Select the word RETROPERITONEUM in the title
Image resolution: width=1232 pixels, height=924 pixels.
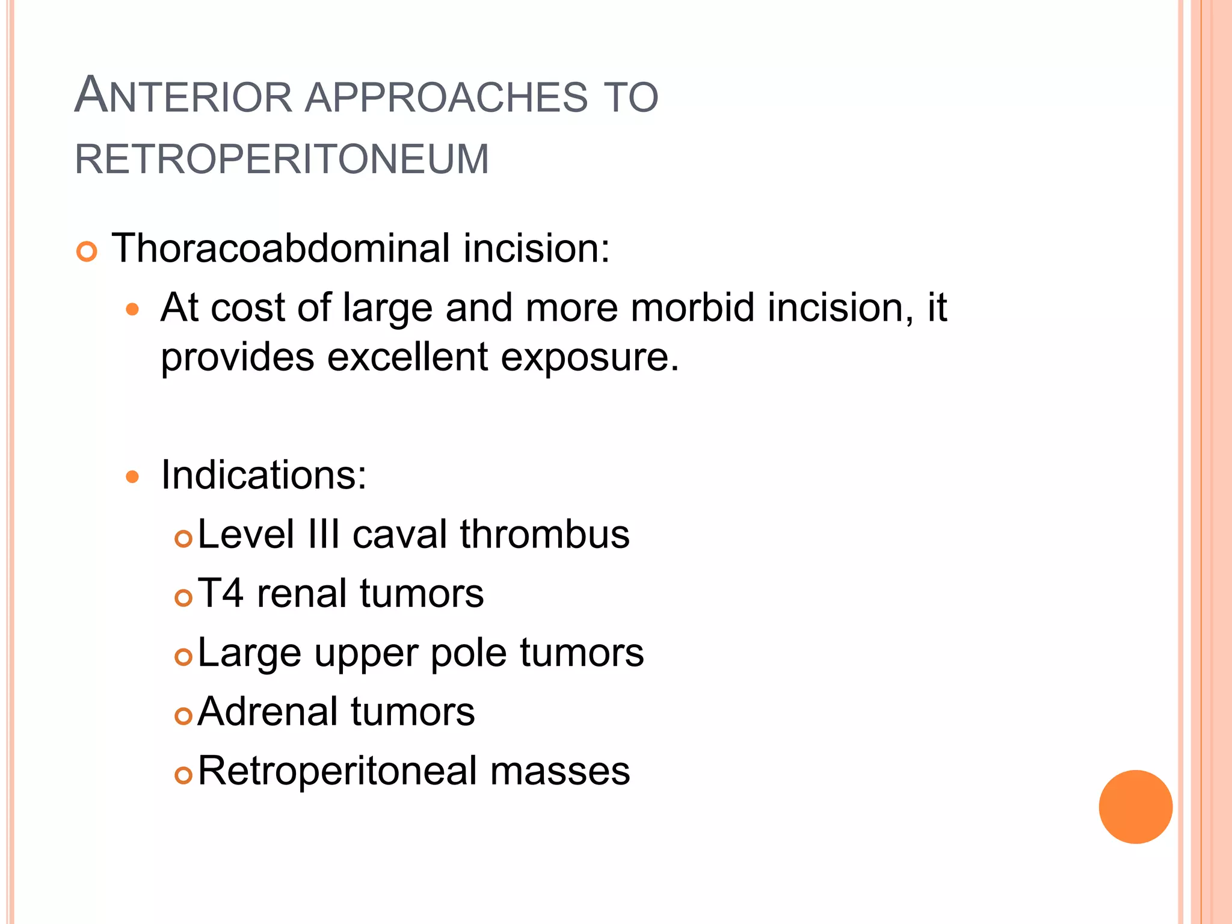[282, 159]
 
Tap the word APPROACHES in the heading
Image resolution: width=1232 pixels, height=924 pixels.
[446, 96]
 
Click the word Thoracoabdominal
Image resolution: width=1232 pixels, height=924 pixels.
[281, 248]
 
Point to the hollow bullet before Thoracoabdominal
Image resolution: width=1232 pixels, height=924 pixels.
[87, 251]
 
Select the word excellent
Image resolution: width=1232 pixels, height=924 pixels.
[407, 357]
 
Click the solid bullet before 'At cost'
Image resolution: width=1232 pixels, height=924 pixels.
[132, 310]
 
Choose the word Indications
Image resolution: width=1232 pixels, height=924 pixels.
[263, 475]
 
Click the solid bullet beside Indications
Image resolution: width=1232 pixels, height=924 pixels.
[132, 478]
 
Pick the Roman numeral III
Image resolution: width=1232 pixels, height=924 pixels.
[323, 534]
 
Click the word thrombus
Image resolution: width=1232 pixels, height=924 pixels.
[544, 534]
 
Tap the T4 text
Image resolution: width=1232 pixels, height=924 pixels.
[220, 594]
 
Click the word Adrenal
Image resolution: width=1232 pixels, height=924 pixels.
[267, 712]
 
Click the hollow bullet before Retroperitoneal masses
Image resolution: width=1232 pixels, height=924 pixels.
[183, 775]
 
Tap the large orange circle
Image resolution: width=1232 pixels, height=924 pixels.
[1135, 807]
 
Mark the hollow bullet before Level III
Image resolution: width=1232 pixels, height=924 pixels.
[183, 538]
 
